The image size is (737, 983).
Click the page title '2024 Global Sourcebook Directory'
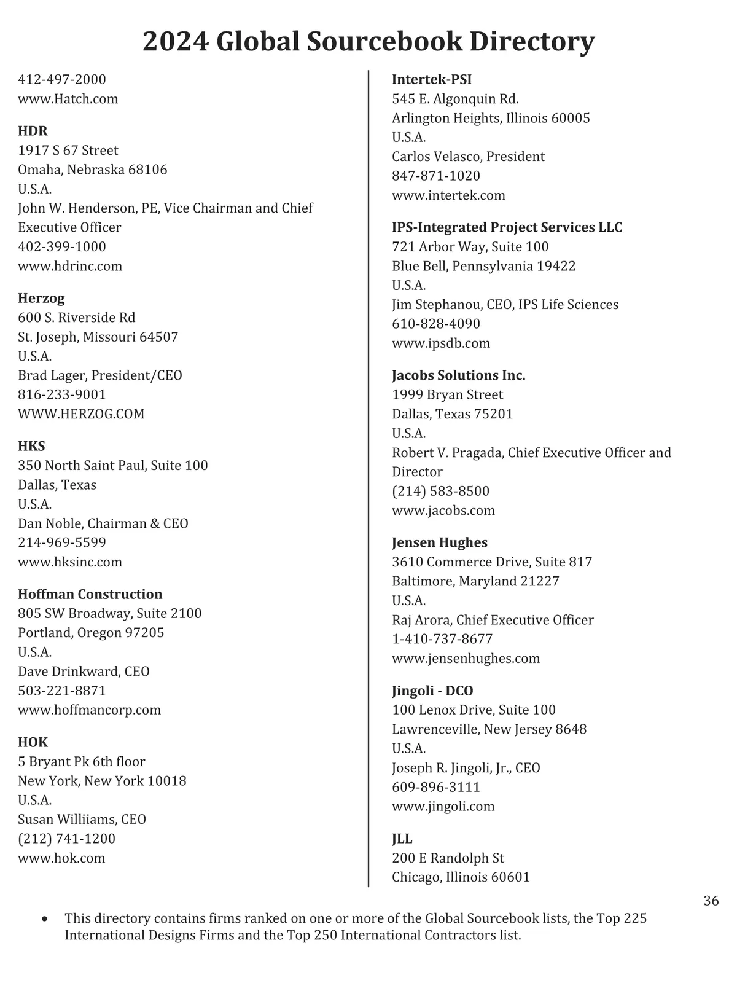[368, 42]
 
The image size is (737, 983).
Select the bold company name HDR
[33, 131]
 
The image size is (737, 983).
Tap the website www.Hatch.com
[68, 99]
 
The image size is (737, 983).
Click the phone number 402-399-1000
[62, 246]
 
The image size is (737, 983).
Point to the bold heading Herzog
[41, 298]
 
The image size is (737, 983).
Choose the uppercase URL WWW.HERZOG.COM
[81, 413]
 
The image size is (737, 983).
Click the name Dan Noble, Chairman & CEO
[103, 523]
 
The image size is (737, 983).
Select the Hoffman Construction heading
[90, 594]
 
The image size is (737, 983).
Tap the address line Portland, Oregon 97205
[91, 633]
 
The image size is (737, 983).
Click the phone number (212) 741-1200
[66, 839]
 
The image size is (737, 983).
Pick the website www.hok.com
[61, 858]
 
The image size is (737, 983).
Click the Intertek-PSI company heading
[432, 79]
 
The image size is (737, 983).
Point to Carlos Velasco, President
[468, 157]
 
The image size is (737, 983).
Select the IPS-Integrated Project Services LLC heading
[507, 227]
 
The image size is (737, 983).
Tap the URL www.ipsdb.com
[441, 343]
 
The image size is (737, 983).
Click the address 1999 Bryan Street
[447, 394]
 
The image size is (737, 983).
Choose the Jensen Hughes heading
[440, 542]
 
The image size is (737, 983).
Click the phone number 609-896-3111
[436, 787]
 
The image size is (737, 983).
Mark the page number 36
[711, 901]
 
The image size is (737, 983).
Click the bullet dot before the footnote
[44, 919]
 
